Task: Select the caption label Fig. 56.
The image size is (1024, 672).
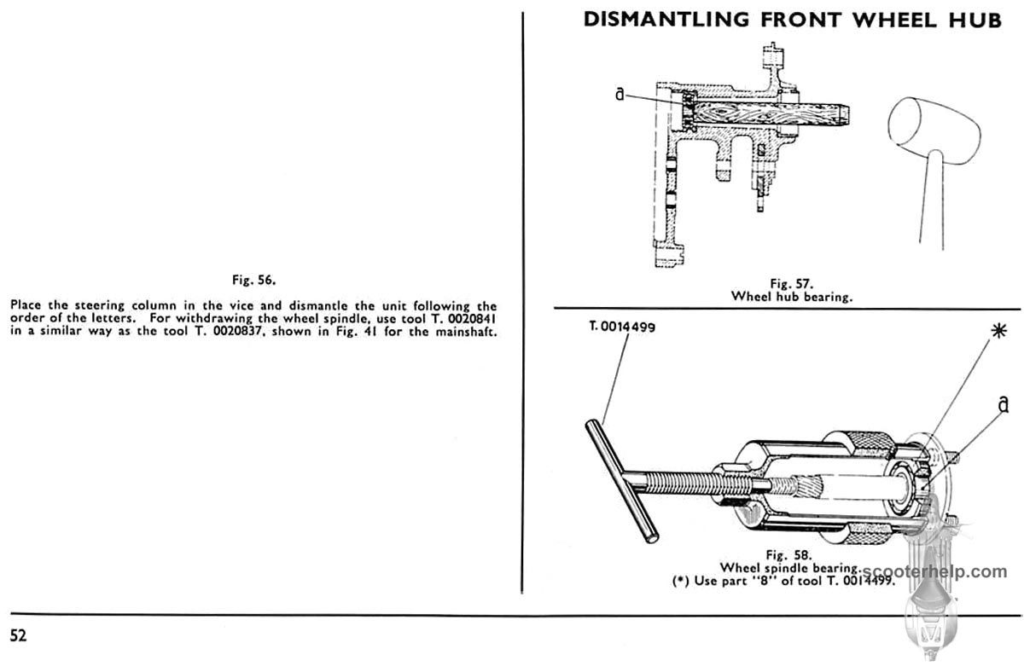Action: point(254,279)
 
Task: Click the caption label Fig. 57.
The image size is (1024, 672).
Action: point(793,283)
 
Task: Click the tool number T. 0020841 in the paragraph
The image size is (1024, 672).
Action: point(458,319)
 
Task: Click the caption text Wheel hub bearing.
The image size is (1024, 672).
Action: point(793,296)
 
